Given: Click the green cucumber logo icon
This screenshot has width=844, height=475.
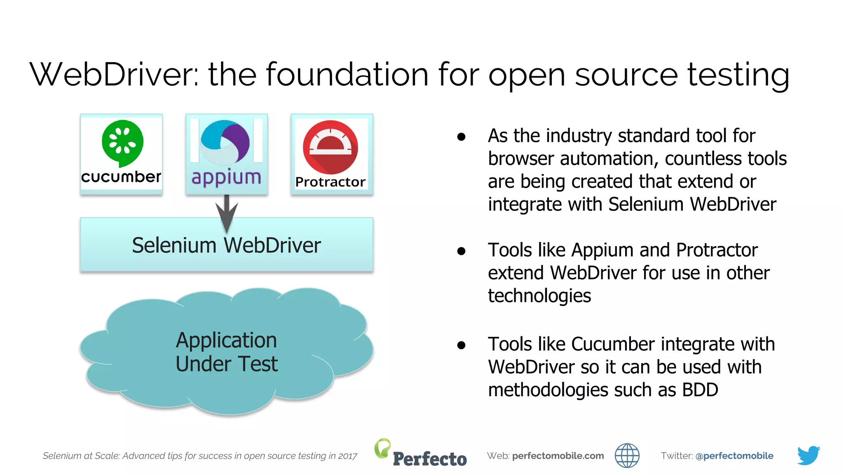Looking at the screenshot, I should pos(122,143).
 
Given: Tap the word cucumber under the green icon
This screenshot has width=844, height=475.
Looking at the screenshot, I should pos(121,177).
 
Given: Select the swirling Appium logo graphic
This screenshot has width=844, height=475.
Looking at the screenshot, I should pos(225,143).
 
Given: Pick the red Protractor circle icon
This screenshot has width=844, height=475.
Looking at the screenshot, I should pos(330,147).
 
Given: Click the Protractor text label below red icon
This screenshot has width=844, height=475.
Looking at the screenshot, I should pos(330,182).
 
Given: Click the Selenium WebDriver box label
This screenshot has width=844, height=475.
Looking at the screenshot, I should pos(226,245).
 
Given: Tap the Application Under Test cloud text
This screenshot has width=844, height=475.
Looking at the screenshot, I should pos(226,352).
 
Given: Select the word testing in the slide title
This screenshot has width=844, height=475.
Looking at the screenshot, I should pos(738,75).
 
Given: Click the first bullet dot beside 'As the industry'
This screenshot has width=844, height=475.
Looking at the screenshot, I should pos(461,137).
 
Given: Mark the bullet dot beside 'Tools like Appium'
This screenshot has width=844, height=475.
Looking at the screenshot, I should pos(461,251).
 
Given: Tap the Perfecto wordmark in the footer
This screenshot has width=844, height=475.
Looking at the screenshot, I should pos(429,459).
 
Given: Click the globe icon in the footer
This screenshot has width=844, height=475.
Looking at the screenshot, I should pos(627,456).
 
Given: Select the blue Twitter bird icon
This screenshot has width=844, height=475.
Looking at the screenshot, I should pos(808,455).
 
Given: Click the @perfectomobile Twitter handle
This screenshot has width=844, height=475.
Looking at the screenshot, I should pos(734,456).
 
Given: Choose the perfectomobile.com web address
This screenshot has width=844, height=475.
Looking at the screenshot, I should pos(558,456).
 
